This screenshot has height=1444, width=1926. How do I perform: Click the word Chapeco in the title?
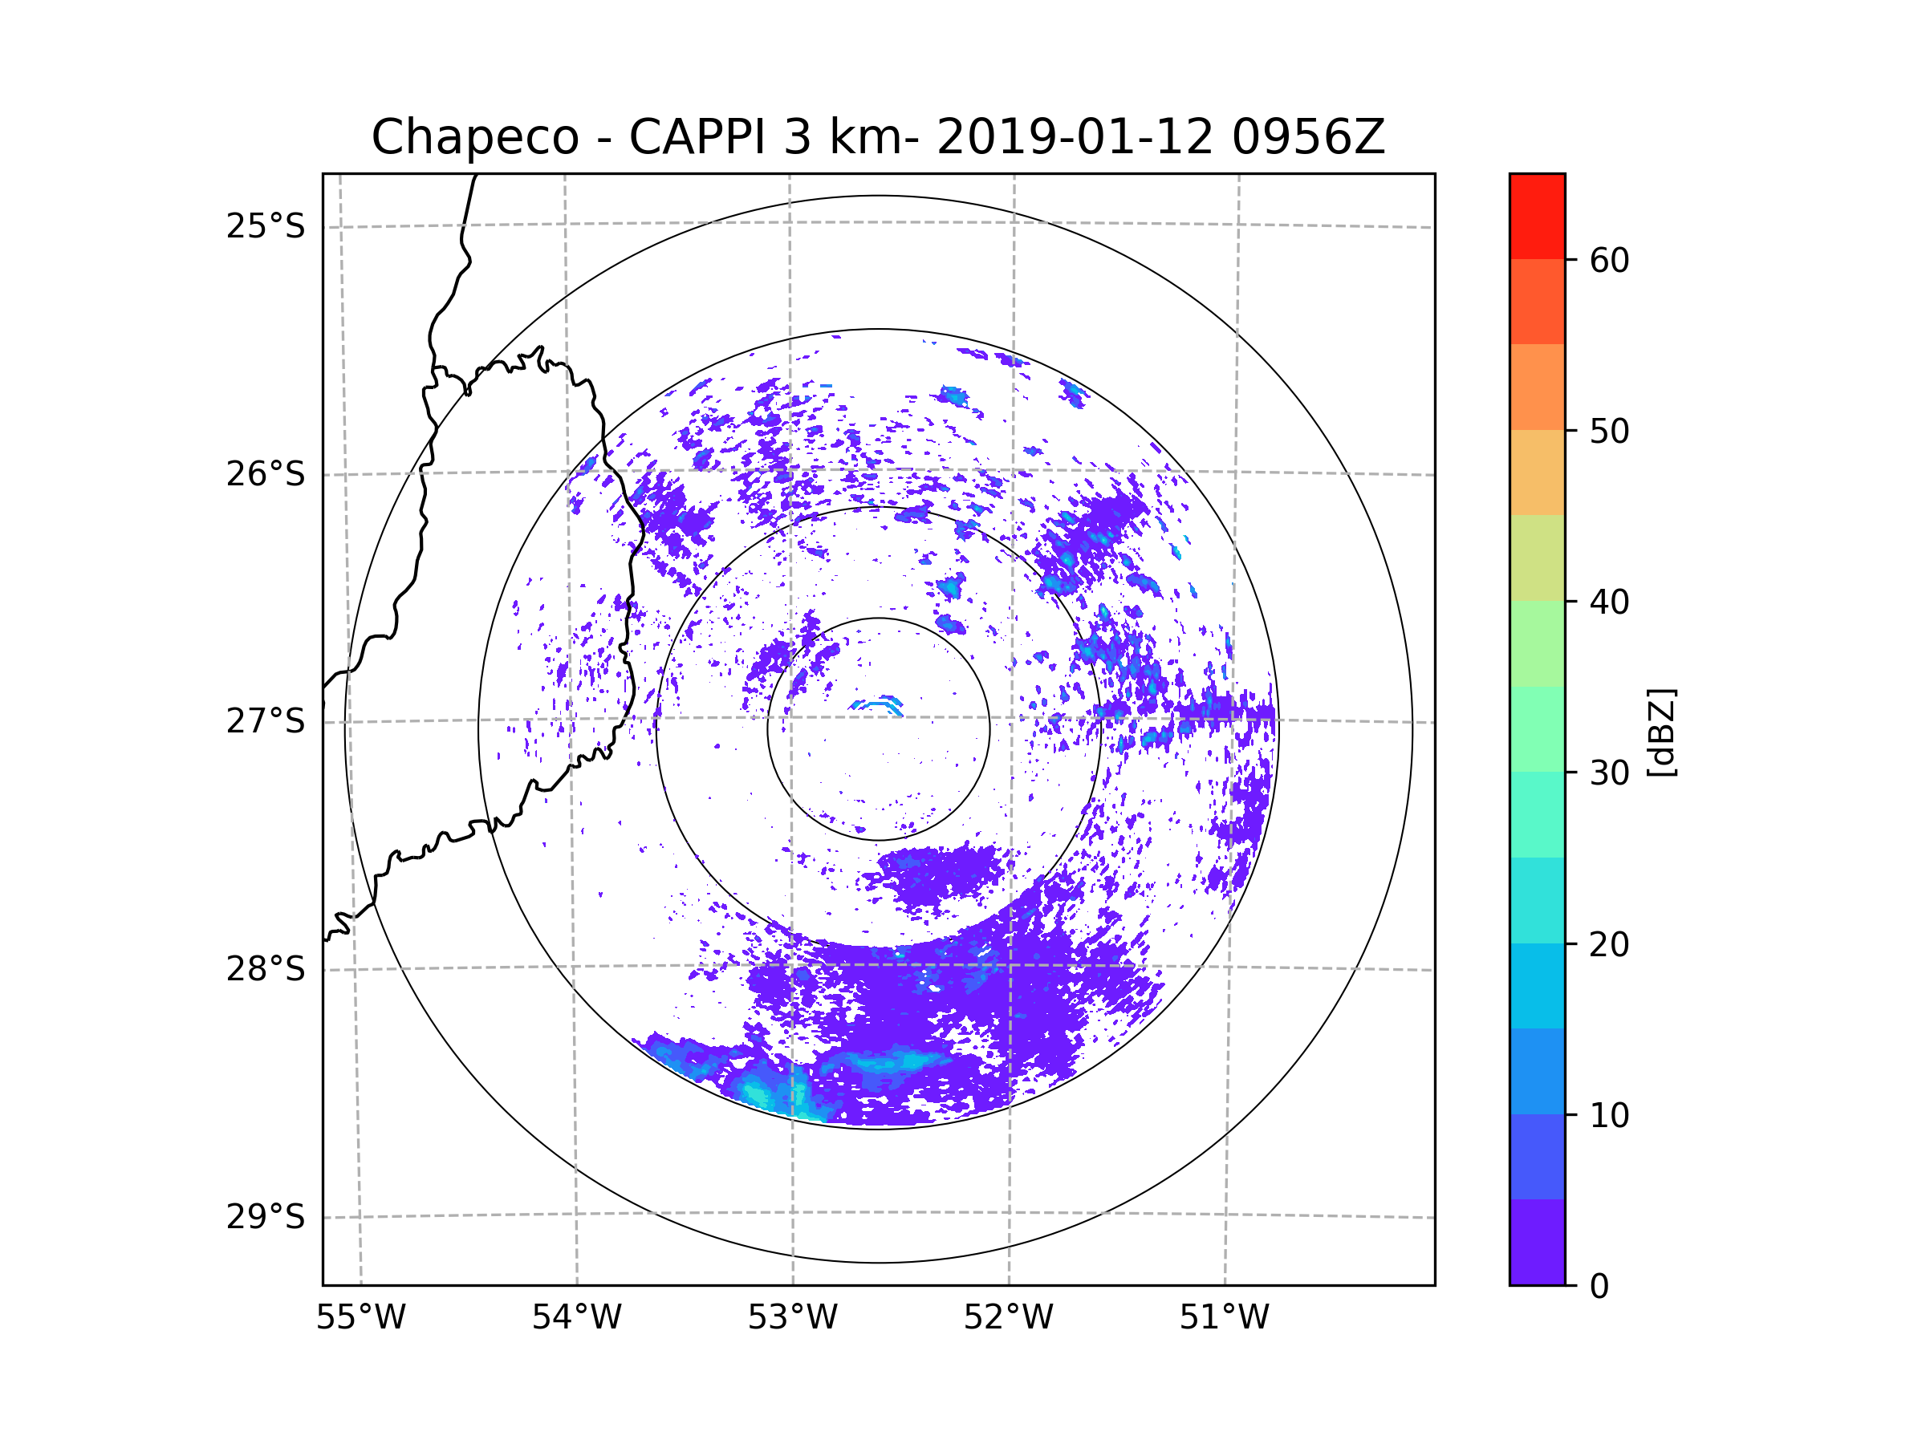click(474, 137)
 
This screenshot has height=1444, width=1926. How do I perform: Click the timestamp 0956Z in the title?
click(1307, 137)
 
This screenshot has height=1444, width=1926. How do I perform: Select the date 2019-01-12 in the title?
click(1074, 137)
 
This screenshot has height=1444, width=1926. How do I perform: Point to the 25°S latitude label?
click(266, 226)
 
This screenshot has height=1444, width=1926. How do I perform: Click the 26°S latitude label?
click(266, 474)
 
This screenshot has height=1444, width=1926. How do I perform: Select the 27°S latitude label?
click(266, 721)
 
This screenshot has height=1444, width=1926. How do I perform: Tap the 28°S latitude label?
click(266, 969)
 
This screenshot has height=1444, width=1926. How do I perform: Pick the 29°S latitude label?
click(266, 1217)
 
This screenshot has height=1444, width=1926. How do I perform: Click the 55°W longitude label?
click(360, 1318)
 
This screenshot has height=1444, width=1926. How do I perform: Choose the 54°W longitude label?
click(576, 1318)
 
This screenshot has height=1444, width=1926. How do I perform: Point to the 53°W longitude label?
click(792, 1318)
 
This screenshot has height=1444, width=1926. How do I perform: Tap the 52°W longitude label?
click(1008, 1318)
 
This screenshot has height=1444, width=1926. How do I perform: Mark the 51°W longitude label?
click(1224, 1318)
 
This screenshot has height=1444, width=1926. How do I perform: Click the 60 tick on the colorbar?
click(1609, 260)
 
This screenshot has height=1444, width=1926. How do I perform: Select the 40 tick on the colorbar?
click(1609, 602)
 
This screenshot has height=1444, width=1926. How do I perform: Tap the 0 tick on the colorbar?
click(1599, 1287)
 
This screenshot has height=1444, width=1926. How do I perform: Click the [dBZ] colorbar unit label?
click(1661, 732)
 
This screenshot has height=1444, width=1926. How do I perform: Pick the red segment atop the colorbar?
click(1537, 216)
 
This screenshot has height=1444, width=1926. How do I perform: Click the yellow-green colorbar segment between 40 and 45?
click(1537, 558)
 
